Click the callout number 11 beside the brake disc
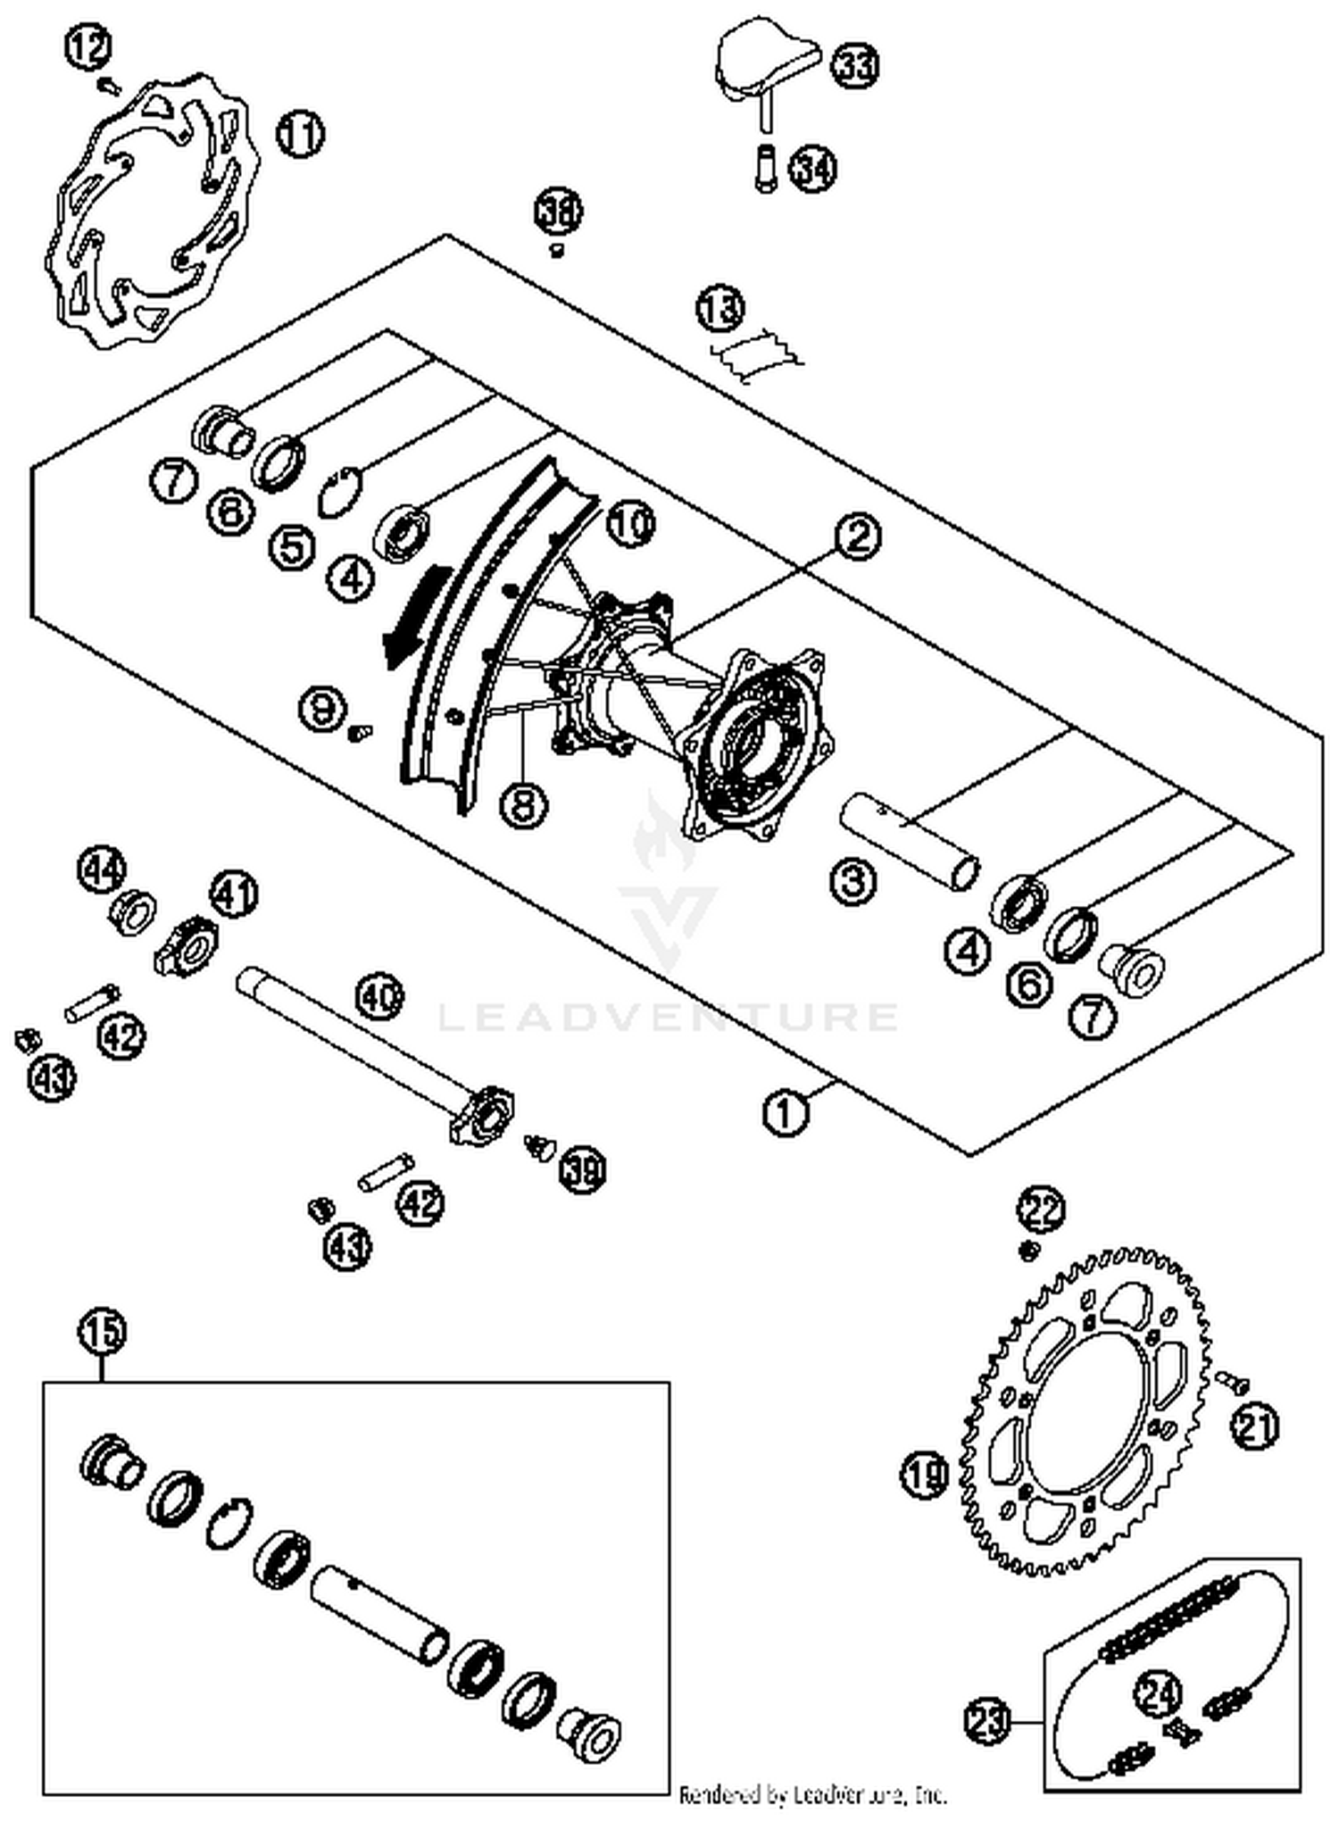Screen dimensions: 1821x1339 tap(300, 134)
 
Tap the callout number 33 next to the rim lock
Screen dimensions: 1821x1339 tap(855, 65)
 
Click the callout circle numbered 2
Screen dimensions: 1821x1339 tap(857, 536)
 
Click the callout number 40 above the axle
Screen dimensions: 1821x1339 tap(379, 997)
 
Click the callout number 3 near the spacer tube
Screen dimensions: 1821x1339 tap(853, 881)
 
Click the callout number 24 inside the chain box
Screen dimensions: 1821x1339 tap(1159, 1692)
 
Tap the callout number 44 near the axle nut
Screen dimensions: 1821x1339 tap(103, 869)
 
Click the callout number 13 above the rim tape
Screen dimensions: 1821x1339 tap(719, 309)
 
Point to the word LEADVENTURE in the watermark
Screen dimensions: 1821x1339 tap(668, 1017)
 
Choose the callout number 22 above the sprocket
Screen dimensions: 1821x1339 tap(1042, 1210)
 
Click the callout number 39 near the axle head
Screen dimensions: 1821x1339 tap(581, 1168)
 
